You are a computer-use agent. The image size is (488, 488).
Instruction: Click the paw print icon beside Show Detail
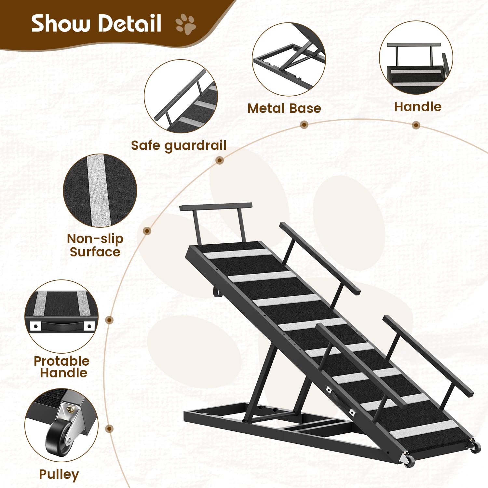click(186, 24)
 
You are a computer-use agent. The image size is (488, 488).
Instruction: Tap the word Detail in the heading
click(129, 23)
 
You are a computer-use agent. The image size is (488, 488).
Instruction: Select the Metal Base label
click(284, 108)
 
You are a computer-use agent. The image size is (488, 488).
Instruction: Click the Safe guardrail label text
click(179, 145)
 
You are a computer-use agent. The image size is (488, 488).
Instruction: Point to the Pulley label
click(59, 475)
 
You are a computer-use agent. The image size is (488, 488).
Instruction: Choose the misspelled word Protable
click(61, 361)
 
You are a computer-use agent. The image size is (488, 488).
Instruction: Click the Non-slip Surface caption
click(95, 245)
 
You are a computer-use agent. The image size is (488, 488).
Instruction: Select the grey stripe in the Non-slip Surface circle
click(99, 191)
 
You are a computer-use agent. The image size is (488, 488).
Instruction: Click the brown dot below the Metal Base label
click(304, 125)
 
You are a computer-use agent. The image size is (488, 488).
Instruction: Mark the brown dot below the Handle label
click(416, 125)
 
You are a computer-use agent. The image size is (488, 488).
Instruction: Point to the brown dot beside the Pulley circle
click(110, 429)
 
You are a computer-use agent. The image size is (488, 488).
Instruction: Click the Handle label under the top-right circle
click(418, 107)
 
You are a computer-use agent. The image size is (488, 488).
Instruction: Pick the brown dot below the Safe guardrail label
click(220, 160)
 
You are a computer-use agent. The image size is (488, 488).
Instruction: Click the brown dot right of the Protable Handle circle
click(110, 320)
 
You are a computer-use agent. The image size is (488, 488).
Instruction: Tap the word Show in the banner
click(61, 23)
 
